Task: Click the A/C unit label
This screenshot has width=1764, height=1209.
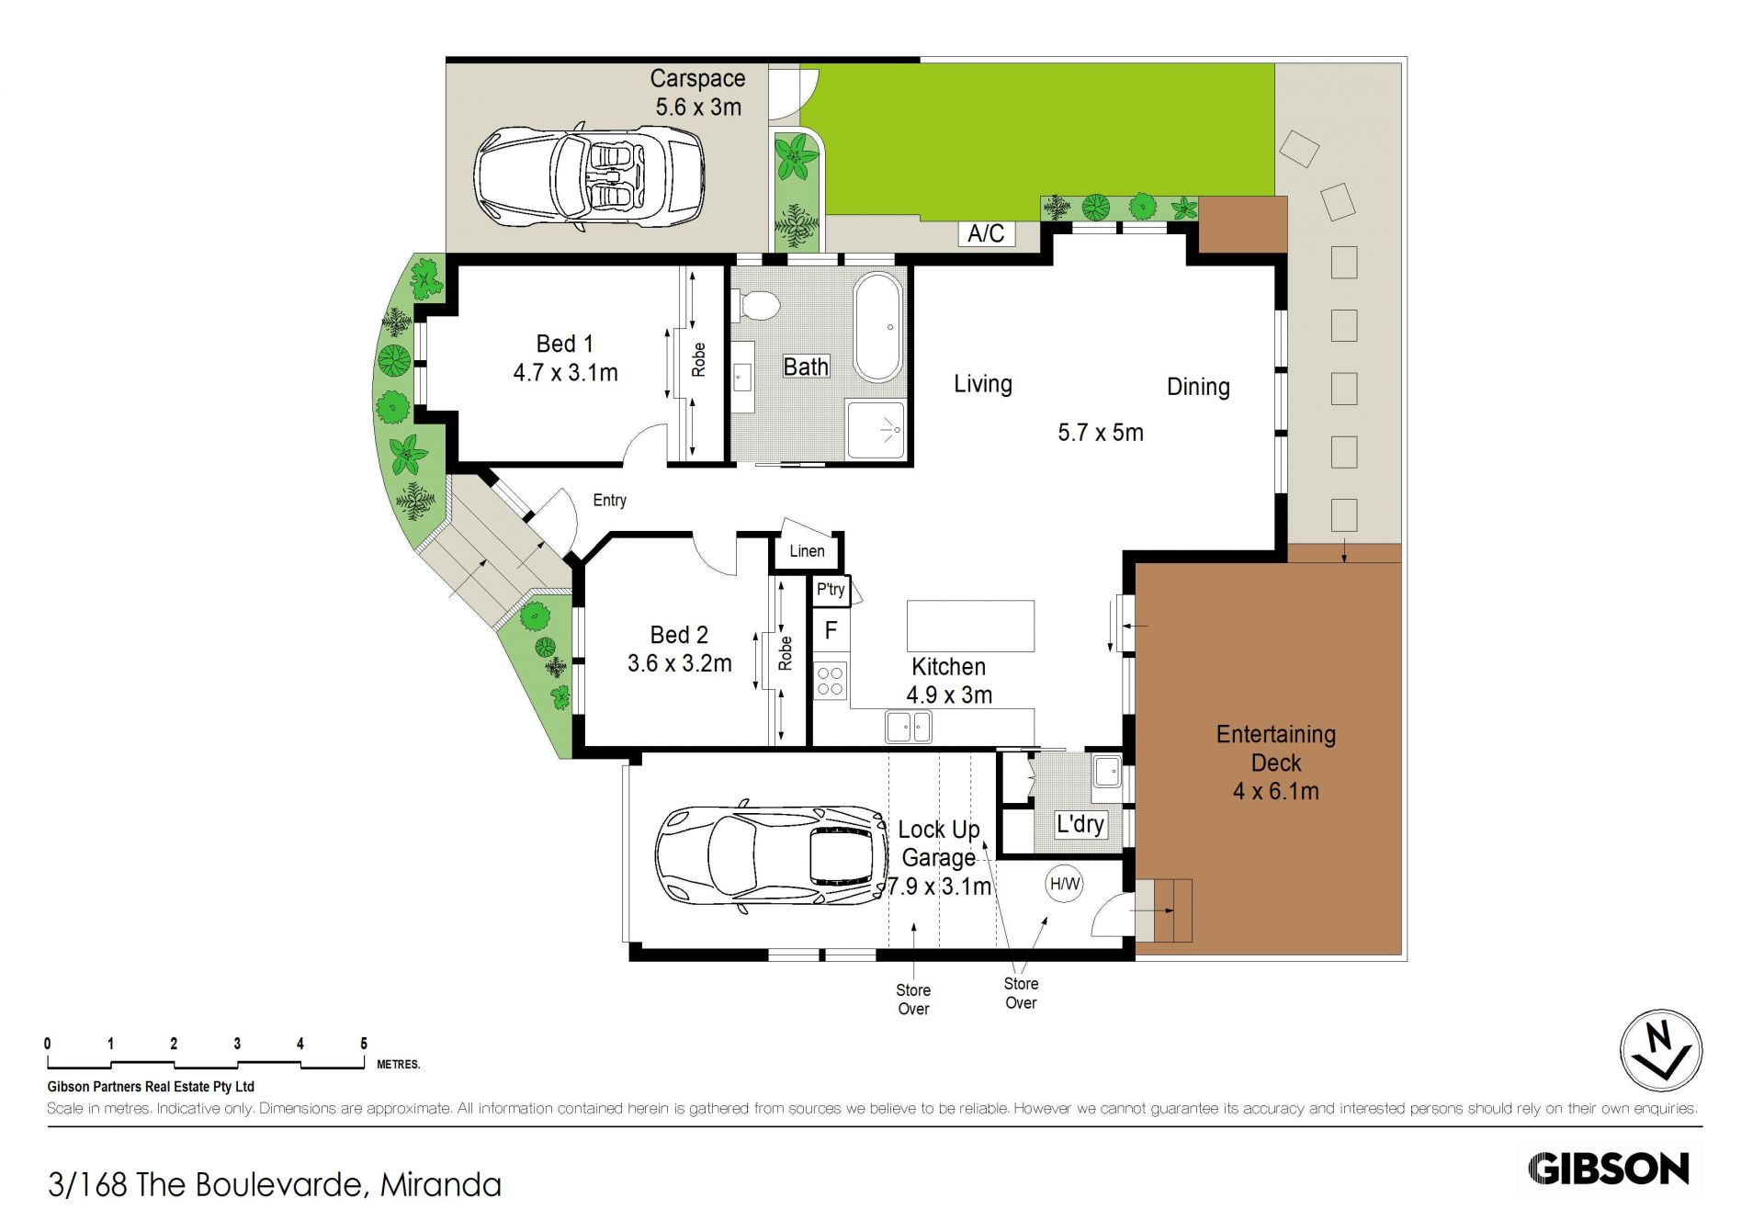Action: click(986, 233)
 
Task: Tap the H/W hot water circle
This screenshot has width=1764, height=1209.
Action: click(1065, 884)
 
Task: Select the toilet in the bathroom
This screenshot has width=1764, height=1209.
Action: click(756, 304)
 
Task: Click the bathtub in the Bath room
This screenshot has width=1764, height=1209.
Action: click(878, 327)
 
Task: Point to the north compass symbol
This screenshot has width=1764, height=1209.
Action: click(1660, 1050)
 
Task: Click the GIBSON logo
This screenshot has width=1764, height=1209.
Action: click(1609, 1169)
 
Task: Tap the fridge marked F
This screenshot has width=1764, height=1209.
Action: click(831, 630)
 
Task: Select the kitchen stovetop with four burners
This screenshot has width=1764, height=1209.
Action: click(831, 680)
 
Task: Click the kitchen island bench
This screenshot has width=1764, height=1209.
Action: click(970, 626)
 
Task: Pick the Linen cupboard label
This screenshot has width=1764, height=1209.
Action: click(807, 551)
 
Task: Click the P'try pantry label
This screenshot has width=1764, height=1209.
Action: click(831, 589)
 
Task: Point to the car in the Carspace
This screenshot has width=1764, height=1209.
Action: click(589, 176)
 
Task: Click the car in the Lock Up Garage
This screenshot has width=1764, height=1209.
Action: click(772, 856)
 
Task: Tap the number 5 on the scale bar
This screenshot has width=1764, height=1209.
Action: click(364, 1044)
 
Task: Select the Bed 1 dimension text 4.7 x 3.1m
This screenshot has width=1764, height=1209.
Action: click(565, 373)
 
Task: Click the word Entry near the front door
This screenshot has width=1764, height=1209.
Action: click(610, 500)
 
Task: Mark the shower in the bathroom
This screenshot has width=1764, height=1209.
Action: click(876, 429)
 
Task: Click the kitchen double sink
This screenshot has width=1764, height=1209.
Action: click(909, 727)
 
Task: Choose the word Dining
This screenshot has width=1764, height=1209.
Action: click(1198, 387)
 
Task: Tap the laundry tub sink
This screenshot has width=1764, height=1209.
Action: click(1107, 771)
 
